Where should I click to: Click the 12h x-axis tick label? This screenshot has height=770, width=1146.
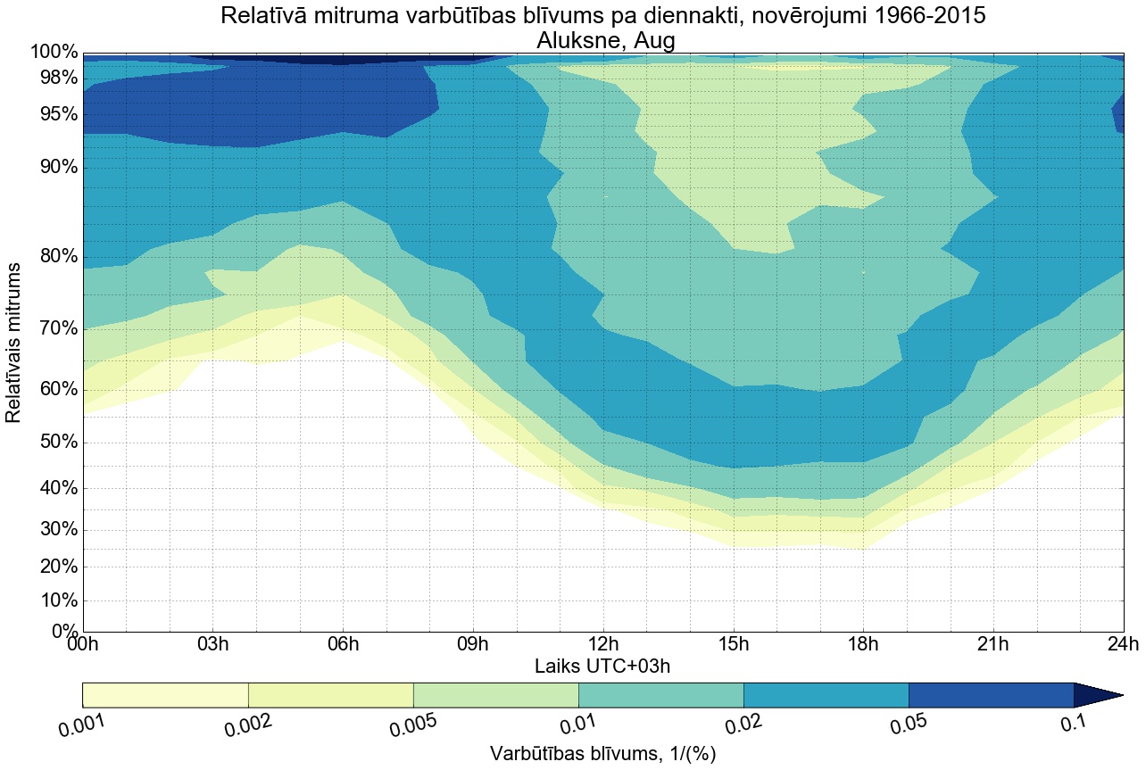point(603,644)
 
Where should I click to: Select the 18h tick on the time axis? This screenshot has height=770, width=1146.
point(863,644)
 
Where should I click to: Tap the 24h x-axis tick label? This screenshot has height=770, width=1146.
point(1122,644)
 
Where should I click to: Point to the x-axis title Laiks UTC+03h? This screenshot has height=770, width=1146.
point(602,666)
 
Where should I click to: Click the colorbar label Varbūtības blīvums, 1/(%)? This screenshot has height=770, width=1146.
point(602,753)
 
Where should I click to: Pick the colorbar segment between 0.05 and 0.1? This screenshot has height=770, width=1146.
point(991,695)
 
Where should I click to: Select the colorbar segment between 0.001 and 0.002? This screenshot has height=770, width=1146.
point(165,695)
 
